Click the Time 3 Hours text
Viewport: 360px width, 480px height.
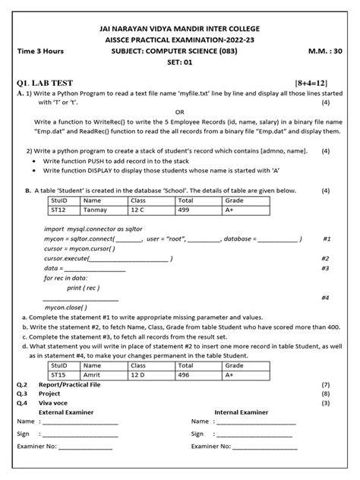click(x=40, y=51)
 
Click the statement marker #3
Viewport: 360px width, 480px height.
click(x=325, y=268)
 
